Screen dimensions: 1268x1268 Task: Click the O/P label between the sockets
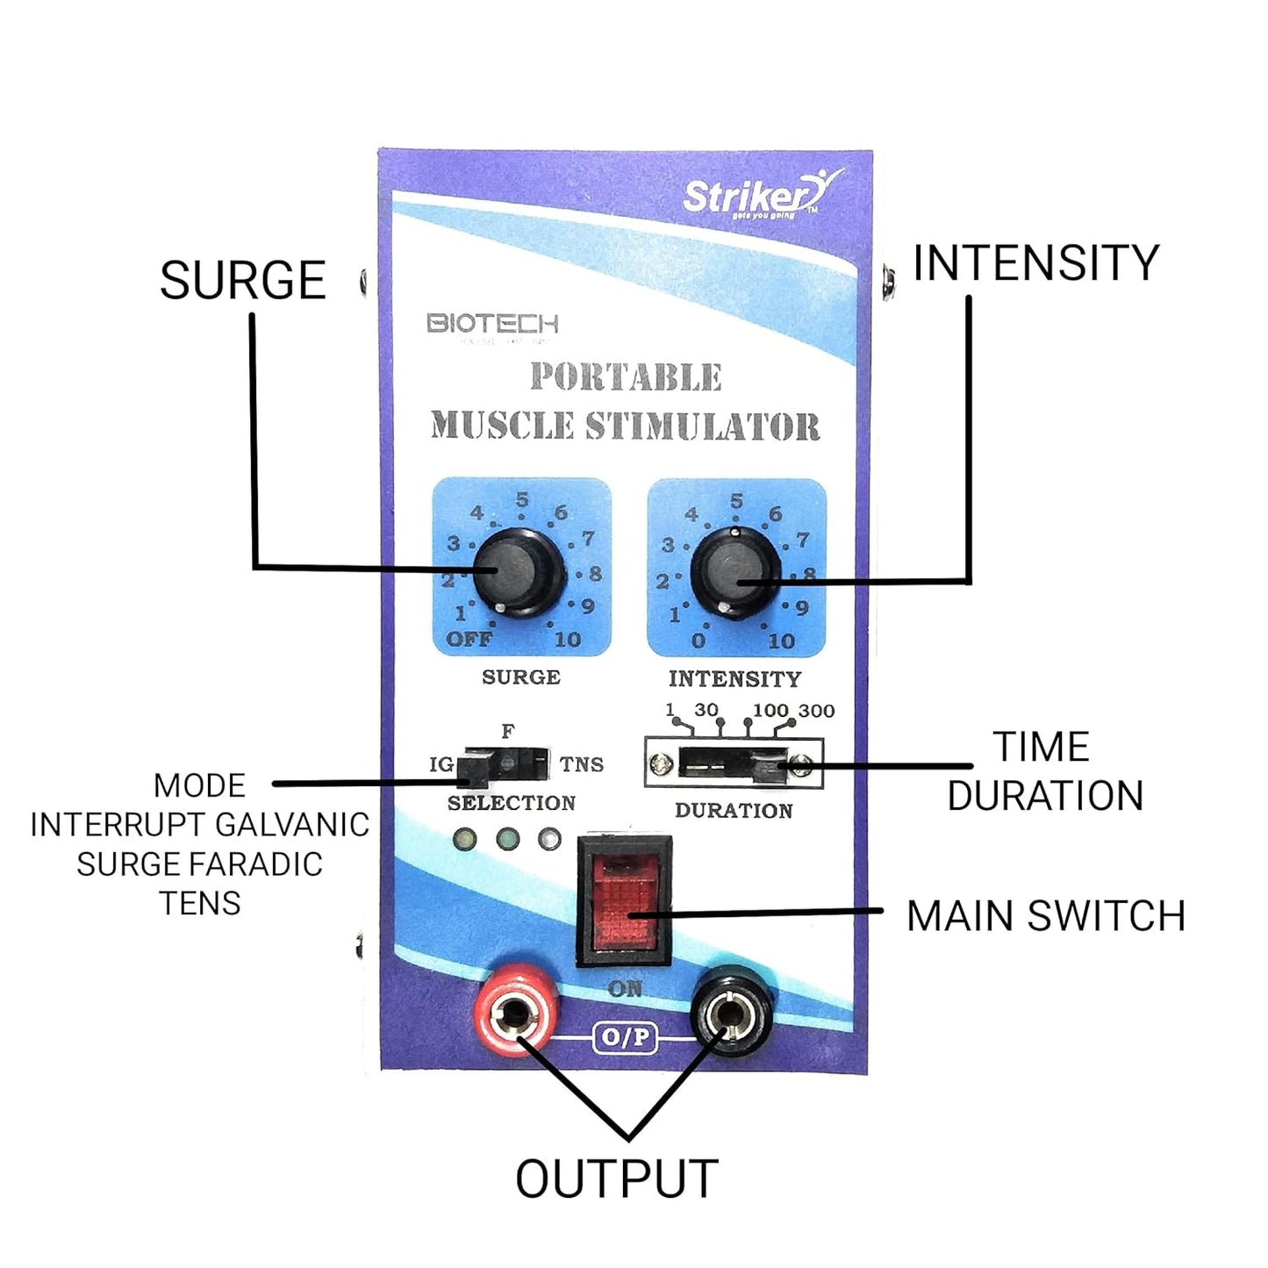point(625,1037)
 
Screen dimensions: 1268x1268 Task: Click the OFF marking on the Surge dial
point(469,639)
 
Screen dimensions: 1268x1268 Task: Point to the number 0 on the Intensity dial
point(698,641)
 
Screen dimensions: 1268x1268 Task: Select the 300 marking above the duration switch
point(816,711)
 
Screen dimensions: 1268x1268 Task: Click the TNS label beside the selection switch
point(582,764)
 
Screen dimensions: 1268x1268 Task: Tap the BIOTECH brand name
point(492,324)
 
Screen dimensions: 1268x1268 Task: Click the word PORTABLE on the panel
point(626,377)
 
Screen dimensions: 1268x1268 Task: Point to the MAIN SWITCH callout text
point(1046,916)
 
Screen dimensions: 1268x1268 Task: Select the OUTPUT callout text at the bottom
point(617,1178)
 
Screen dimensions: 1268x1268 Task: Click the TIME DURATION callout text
point(1044,771)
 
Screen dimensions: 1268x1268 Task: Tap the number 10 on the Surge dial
point(568,640)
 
